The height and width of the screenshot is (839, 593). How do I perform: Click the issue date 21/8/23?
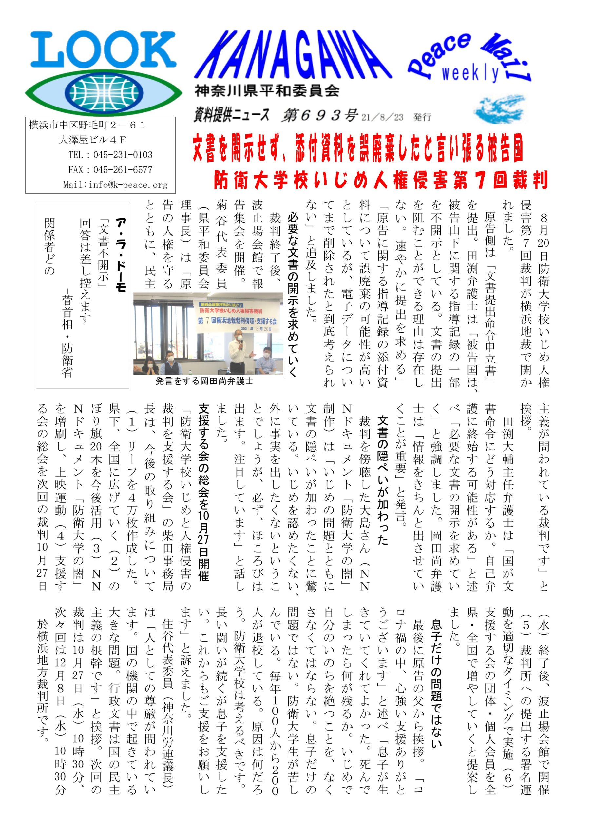point(382,117)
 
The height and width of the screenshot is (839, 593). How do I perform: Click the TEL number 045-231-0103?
point(123,155)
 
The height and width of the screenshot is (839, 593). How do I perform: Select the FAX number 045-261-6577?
point(123,169)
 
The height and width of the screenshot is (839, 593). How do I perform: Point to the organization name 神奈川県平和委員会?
point(267,91)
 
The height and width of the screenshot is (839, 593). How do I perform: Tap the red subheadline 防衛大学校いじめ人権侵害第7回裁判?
point(381,180)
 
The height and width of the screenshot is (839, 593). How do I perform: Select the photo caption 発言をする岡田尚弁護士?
point(204,381)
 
